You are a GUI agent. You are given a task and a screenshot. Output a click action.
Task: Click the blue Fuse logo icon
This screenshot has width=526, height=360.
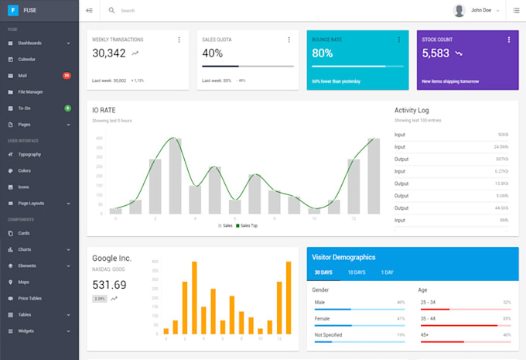tap(13, 10)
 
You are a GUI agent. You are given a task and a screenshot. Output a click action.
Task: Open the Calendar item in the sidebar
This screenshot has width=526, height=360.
tap(26, 59)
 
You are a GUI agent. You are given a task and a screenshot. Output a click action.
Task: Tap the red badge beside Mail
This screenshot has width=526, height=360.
tap(67, 75)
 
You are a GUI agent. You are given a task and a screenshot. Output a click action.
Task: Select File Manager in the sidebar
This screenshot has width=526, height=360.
tap(30, 91)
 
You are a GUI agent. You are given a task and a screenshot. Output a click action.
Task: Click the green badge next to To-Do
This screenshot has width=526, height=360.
tap(68, 108)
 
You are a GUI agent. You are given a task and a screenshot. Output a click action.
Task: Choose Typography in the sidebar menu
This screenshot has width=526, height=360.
tap(29, 154)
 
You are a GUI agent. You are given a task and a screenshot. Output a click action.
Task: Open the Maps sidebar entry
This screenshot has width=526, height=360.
tap(23, 282)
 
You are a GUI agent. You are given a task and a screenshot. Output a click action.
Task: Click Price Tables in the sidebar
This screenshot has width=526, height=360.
tap(29, 298)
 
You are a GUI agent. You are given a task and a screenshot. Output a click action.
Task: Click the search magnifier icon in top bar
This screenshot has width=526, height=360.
tap(111, 11)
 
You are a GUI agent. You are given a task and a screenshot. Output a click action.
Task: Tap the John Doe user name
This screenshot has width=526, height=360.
tap(481, 11)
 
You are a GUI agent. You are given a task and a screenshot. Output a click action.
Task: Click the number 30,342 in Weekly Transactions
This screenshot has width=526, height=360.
tap(109, 53)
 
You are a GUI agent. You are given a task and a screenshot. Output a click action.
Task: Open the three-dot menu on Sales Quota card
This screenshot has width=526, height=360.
tap(289, 39)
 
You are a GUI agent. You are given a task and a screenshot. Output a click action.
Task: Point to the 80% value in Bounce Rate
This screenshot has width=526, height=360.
tap(322, 53)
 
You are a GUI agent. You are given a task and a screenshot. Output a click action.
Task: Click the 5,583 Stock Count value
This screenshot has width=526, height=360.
tap(435, 53)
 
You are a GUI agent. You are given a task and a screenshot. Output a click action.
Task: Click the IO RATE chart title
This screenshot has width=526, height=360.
tap(104, 111)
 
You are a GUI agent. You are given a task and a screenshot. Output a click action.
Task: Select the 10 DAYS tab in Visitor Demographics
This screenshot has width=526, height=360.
tap(356, 273)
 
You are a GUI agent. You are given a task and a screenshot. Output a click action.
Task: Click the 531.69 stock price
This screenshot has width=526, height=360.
tap(109, 284)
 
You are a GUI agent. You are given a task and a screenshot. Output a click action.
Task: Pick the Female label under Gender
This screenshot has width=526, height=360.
tap(322, 318)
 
